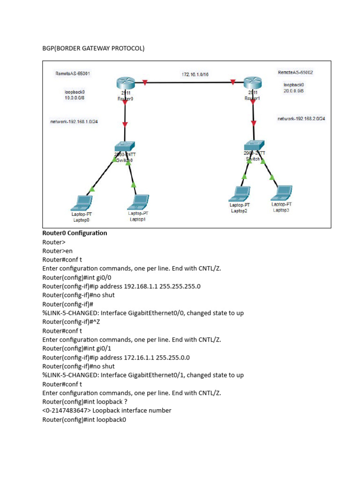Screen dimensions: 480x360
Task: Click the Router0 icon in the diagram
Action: [125, 84]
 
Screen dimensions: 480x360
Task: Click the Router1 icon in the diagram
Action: [253, 84]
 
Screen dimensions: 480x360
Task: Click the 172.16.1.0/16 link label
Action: [195, 74]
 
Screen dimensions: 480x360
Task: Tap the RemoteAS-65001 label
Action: [73, 74]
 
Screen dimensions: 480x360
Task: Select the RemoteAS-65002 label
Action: [295, 73]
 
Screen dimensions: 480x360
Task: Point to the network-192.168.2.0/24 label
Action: [301, 119]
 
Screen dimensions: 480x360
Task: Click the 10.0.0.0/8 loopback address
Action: [75, 98]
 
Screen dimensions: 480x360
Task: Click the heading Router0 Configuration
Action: [75, 233]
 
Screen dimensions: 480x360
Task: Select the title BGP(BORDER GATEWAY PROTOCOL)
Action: [93, 48]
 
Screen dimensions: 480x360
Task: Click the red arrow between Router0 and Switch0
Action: [125, 124]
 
